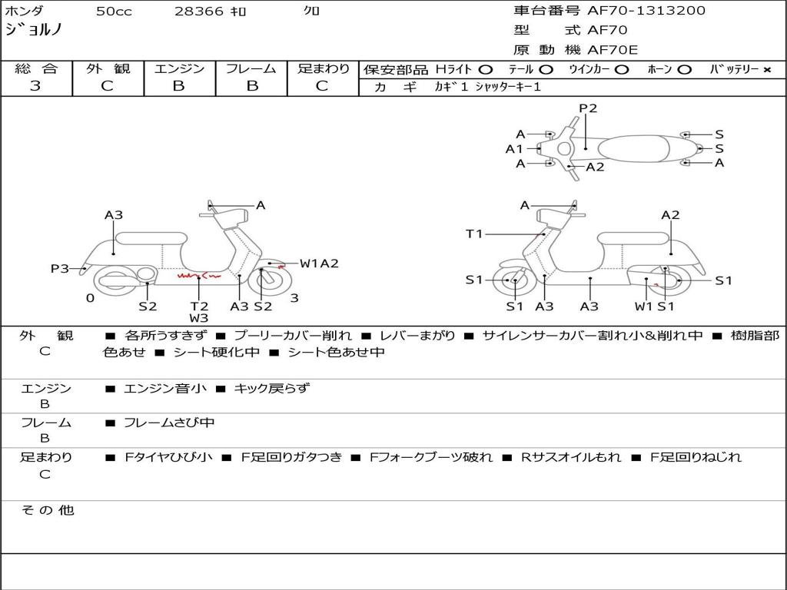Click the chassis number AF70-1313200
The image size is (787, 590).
646,11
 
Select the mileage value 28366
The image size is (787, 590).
198,12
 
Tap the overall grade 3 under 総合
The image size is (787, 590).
35,86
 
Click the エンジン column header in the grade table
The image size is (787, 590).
179,68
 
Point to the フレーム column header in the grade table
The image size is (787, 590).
251,68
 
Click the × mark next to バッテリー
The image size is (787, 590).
767,70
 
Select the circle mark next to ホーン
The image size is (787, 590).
683,70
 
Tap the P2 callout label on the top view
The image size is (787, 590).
588,108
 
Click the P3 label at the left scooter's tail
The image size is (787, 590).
59,269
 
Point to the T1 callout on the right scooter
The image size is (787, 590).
474,234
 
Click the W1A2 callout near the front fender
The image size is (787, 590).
319,264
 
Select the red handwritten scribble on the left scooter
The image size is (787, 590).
199,276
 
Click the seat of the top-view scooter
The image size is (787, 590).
633,149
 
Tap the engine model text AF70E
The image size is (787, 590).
613,50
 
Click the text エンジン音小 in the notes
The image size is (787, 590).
164,388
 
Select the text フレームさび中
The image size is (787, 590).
169,423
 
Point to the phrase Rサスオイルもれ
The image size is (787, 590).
571,457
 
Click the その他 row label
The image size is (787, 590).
47,510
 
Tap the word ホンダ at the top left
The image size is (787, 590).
24,11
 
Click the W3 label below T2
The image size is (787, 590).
199,317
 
